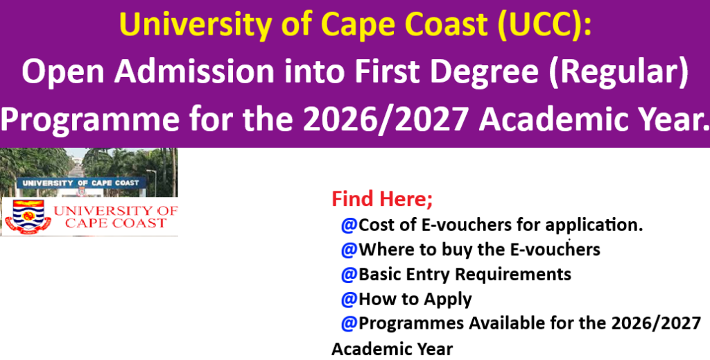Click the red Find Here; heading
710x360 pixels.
coord(382,199)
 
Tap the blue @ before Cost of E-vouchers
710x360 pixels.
coord(349,225)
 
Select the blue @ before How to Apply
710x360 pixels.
coord(349,299)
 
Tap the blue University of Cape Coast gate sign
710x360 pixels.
coord(82,183)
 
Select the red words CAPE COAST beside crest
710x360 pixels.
coord(116,223)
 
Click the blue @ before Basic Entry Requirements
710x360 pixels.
coord(349,275)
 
